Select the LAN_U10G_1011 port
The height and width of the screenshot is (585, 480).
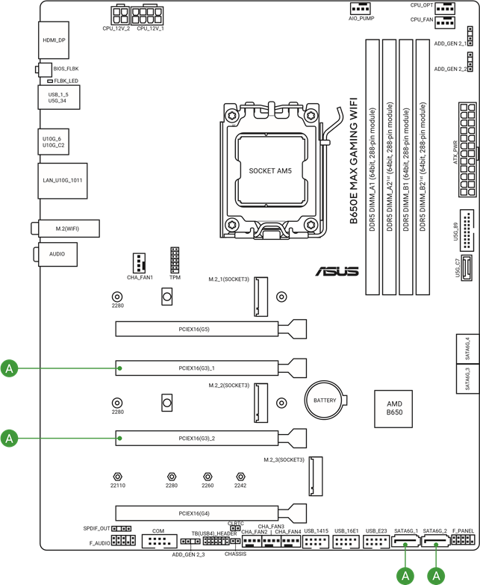pyautogui.click(x=63, y=180)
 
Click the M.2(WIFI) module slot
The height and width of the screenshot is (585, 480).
pyautogui.click(x=66, y=228)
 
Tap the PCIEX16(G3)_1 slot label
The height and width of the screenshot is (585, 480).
pyautogui.click(x=196, y=368)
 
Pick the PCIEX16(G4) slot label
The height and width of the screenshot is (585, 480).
pyautogui.click(x=195, y=513)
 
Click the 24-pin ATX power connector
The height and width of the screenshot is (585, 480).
pyautogui.click(x=467, y=146)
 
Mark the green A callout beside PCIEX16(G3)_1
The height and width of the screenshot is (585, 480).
pyautogui.click(x=9, y=368)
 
